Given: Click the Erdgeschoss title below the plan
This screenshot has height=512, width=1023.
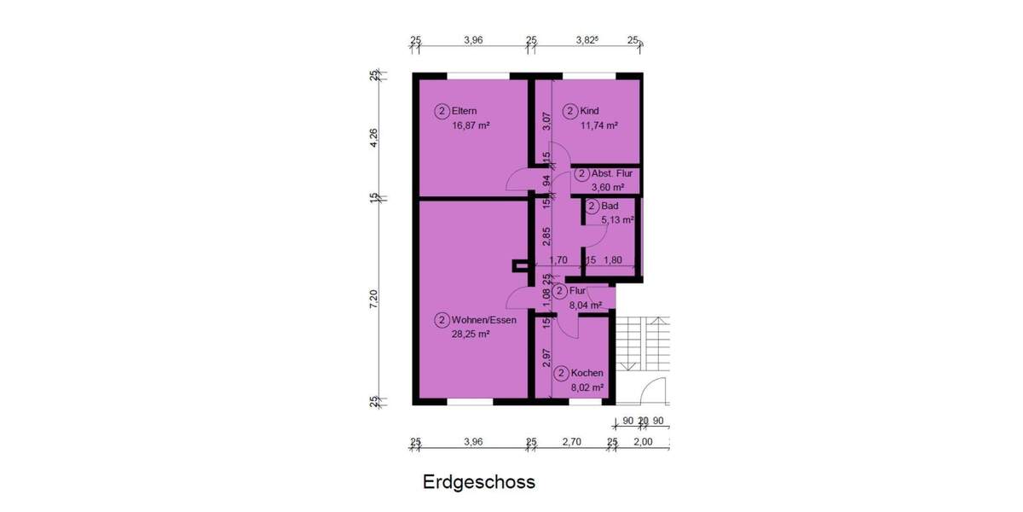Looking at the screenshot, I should pos(479,482).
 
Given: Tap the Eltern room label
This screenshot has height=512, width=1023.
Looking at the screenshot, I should pos(465,111).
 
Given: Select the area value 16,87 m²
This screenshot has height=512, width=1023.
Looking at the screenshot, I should pos(471,125).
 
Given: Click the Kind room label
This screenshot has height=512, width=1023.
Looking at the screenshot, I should pos(590,111).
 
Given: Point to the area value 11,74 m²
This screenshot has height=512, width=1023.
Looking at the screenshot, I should pos(598,125).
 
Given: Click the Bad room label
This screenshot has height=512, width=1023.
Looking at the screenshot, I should pos(610,207).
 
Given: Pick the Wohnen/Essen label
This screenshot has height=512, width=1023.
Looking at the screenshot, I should pos(484,321).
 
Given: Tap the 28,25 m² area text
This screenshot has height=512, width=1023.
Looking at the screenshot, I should pos(471,335).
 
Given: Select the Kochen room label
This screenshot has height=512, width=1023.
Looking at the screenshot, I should pos(587,373).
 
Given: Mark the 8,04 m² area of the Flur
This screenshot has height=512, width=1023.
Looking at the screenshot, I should pos(585,305).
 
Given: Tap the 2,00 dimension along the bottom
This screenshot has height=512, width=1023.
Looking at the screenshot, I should pos(643,442).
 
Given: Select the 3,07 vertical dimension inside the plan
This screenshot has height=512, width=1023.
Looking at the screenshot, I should pos(546,121).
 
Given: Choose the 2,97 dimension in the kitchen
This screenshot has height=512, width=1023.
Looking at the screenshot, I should pos(546,358).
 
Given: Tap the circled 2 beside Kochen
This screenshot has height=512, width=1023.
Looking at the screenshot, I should pos(561,373).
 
